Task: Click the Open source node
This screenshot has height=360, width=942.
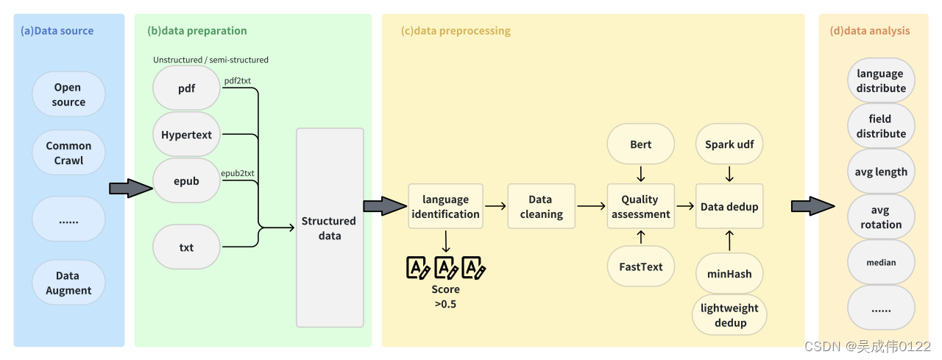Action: click(x=68, y=94)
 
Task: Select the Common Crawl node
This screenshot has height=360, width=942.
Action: click(x=68, y=153)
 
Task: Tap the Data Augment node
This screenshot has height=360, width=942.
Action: click(x=68, y=283)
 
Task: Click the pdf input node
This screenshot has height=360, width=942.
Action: click(x=186, y=89)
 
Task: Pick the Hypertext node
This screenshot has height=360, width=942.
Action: click(x=186, y=135)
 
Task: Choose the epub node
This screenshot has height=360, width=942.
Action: click(x=186, y=181)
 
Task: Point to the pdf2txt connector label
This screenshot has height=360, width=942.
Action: click(x=238, y=81)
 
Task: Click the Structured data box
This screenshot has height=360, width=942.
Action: click(x=330, y=227)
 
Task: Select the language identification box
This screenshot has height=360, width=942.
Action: click(x=445, y=206)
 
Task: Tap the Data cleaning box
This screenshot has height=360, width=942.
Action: click(x=541, y=206)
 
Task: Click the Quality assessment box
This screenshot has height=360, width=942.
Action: click(x=640, y=206)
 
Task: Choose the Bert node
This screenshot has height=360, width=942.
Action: click(x=640, y=144)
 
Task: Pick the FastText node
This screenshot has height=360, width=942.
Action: click(x=640, y=267)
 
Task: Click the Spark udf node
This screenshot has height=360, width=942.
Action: click(x=729, y=144)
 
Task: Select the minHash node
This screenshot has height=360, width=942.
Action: click(x=729, y=274)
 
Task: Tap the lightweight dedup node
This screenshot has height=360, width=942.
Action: click(x=729, y=315)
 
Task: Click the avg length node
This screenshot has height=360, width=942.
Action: click(x=881, y=172)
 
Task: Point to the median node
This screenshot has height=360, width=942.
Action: click(x=881, y=262)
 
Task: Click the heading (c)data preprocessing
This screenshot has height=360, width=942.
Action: click(x=456, y=31)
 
